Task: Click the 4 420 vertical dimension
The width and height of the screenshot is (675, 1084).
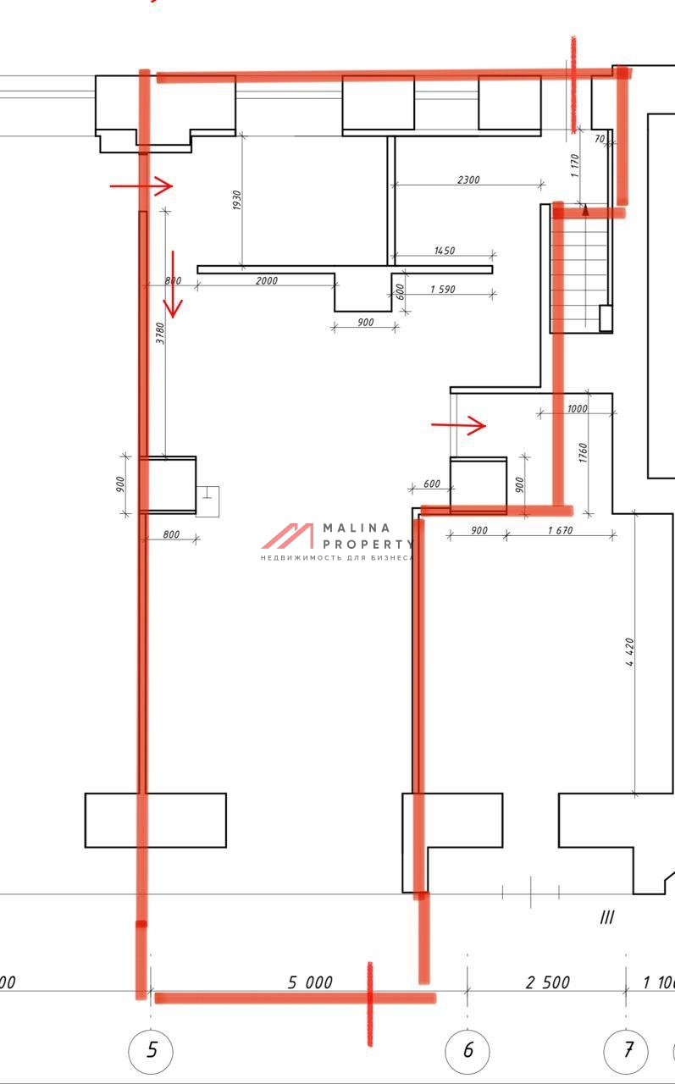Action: click(629, 652)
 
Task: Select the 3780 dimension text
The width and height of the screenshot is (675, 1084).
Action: click(160, 334)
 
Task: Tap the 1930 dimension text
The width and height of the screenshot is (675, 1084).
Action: click(236, 200)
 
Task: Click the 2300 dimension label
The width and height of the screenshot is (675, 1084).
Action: click(468, 180)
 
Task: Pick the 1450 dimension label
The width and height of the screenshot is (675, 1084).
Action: click(445, 250)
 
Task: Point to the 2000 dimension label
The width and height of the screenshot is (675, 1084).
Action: click(267, 280)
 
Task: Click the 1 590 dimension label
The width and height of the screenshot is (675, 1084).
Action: click(443, 290)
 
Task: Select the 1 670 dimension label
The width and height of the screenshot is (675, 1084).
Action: click(561, 530)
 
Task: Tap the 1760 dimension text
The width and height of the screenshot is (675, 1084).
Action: click(583, 452)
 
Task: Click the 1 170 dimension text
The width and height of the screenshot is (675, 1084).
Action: click(575, 165)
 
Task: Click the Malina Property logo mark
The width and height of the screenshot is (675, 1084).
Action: click(287, 536)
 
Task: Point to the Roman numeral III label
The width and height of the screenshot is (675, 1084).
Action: click(606, 917)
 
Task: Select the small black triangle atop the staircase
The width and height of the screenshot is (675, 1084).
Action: click(585, 209)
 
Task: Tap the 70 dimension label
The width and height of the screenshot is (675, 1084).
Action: click(600, 139)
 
